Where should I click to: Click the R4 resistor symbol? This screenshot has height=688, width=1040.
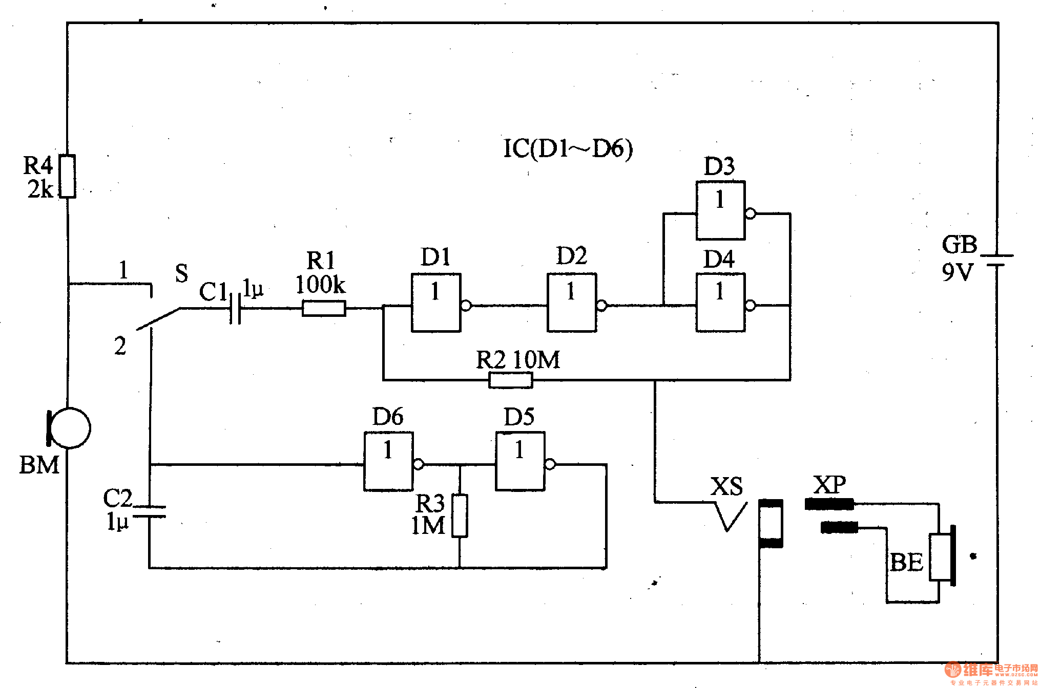[68, 176]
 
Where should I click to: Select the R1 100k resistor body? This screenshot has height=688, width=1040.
[324, 308]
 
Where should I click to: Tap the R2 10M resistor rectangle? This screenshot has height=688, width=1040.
[511, 380]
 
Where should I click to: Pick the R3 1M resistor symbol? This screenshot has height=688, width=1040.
[460, 515]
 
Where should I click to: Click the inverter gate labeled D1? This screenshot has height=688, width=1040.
[436, 303]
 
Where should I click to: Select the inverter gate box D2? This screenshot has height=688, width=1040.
[572, 303]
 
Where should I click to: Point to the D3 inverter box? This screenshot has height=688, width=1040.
[720, 210]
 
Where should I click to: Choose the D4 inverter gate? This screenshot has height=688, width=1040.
[720, 303]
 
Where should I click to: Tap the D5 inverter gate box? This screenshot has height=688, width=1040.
[520, 462]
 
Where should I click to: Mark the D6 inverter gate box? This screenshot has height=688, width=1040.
[388, 462]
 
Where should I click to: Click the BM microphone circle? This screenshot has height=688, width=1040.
[70, 428]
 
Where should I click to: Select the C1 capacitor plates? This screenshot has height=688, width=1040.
[235, 308]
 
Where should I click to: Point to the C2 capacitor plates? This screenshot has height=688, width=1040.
[149, 511]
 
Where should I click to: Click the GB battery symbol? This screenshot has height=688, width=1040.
[997, 260]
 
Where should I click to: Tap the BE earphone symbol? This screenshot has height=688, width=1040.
[942, 555]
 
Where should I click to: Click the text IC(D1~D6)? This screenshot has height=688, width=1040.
[568, 149]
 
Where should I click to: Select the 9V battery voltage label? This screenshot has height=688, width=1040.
[956, 272]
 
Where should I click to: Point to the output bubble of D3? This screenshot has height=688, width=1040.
[751, 213]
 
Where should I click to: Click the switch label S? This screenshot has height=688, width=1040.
[181, 273]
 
